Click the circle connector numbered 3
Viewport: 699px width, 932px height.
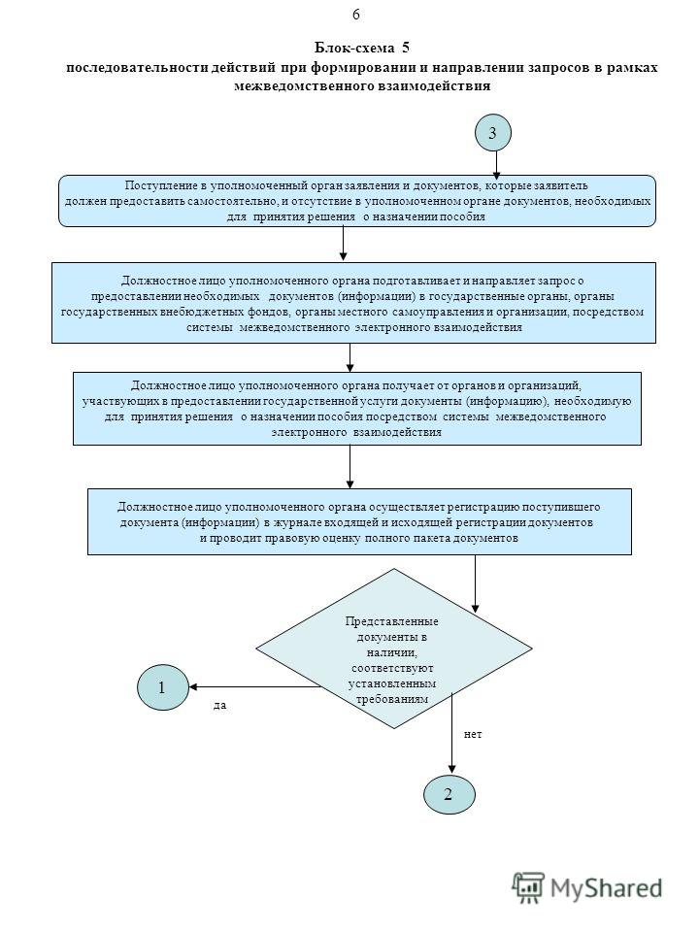point(493,133)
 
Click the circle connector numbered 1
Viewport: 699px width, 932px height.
point(163,687)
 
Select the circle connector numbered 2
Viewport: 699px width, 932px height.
point(449,794)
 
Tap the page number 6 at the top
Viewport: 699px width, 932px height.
point(356,15)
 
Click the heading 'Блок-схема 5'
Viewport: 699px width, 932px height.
point(361,48)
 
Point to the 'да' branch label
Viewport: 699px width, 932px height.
point(220,706)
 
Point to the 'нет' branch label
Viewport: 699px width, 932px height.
point(473,734)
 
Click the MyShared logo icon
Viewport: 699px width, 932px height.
point(528,888)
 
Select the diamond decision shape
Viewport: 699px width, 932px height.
point(393,649)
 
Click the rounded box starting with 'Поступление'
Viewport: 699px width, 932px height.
point(356,201)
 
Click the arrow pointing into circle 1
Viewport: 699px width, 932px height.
point(255,687)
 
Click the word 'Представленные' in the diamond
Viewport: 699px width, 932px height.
point(391,621)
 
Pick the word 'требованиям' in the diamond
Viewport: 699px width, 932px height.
point(391,699)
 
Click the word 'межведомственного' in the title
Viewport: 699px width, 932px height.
point(305,86)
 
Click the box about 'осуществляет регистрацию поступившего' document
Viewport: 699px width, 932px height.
point(359,522)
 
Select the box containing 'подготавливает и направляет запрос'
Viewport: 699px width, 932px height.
point(353,303)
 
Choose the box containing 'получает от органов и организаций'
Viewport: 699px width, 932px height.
point(357,409)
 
